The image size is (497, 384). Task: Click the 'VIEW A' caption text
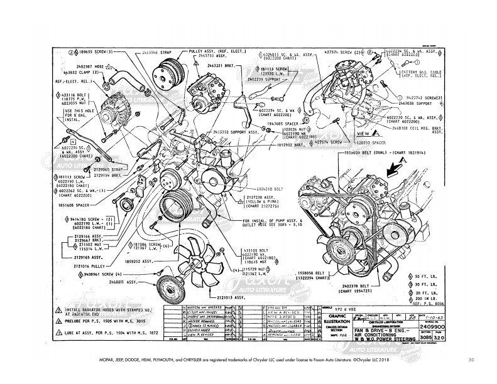coord(365,134)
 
